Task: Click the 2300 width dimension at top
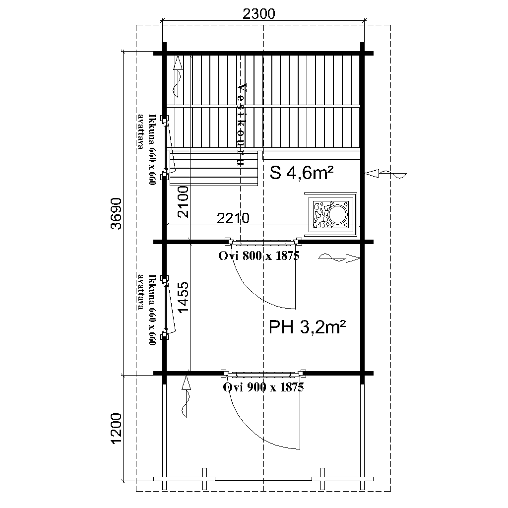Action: [258, 14]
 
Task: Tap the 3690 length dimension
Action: [117, 213]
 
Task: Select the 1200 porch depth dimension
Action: [116, 429]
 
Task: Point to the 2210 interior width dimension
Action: [233, 218]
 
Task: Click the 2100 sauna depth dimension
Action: [183, 201]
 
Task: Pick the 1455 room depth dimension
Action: [184, 298]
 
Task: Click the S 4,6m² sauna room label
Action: [302, 173]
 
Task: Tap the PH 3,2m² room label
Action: [307, 327]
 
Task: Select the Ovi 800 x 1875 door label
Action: [259, 256]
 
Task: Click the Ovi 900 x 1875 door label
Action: [263, 387]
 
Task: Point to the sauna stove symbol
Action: [330, 214]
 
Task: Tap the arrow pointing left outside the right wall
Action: [385, 174]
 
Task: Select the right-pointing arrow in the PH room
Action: [339, 258]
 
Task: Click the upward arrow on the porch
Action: [186, 396]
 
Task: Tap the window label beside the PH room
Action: [148, 310]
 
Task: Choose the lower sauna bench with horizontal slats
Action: [214, 168]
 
